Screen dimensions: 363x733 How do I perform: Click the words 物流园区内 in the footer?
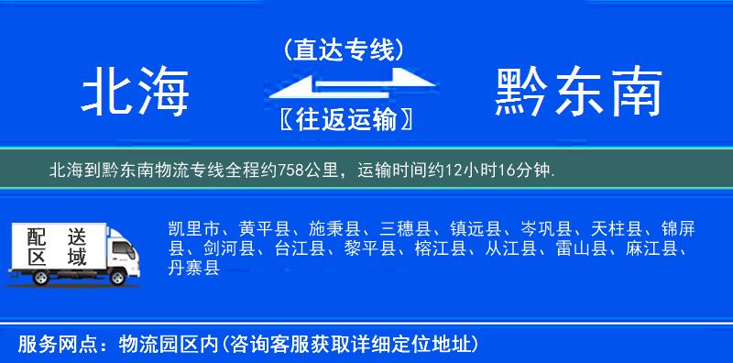pos(165,345)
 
